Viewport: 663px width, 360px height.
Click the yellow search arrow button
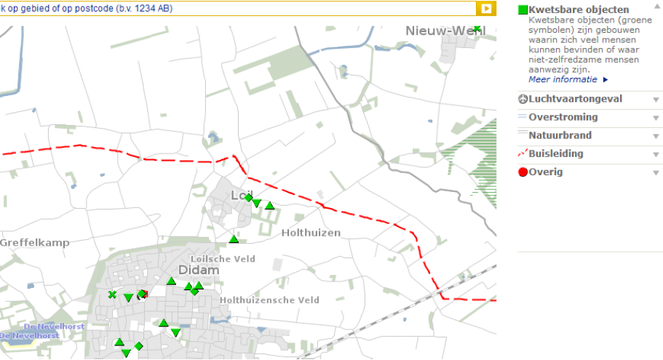(x=485, y=8)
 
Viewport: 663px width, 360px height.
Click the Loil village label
(x=240, y=195)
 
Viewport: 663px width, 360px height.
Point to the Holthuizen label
(x=311, y=233)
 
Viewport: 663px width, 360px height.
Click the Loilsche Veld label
(x=222, y=258)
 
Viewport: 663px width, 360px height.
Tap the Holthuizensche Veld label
(x=269, y=300)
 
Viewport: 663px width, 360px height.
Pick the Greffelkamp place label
(x=34, y=242)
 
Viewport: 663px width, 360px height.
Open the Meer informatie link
(x=564, y=79)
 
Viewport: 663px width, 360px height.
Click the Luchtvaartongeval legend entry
(x=575, y=99)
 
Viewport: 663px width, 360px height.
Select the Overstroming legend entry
(x=563, y=117)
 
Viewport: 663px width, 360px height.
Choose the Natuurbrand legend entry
(x=560, y=135)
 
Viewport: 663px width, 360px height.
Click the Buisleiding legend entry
(x=556, y=154)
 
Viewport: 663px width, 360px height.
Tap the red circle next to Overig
(x=523, y=173)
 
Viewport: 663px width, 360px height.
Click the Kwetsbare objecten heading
(x=579, y=9)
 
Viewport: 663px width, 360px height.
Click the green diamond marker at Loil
(x=248, y=198)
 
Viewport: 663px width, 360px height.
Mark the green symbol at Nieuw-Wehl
(x=477, y=29)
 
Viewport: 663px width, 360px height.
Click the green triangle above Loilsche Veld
(x=234, y=239)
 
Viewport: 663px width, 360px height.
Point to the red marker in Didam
(x=143, y=295)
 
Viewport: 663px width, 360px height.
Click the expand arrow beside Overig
(x=656, y=173)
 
